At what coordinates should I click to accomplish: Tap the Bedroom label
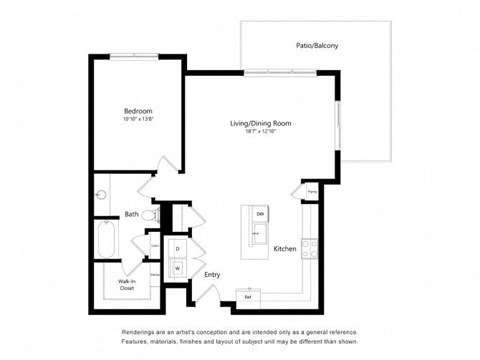tap(138, 111)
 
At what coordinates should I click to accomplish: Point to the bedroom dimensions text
tap(138, 120)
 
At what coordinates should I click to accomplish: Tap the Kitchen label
tap(284, 248)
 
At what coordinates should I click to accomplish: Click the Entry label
tap(212, 274)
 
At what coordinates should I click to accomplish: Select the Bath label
tap(131, 214)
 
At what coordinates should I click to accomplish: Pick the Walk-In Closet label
tap(120, 284)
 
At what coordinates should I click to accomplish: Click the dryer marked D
tap(178, 248)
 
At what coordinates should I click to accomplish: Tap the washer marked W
tap(178, 267)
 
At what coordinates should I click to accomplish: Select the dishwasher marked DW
tap(259, 215)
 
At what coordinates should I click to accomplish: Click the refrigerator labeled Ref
tap(248, 296)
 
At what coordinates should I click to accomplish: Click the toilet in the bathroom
tap(148, 215)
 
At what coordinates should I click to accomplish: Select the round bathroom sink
tap(100, 195)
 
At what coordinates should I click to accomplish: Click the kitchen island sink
tap(259, 237)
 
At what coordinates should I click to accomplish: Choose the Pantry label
tap(311, 191)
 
